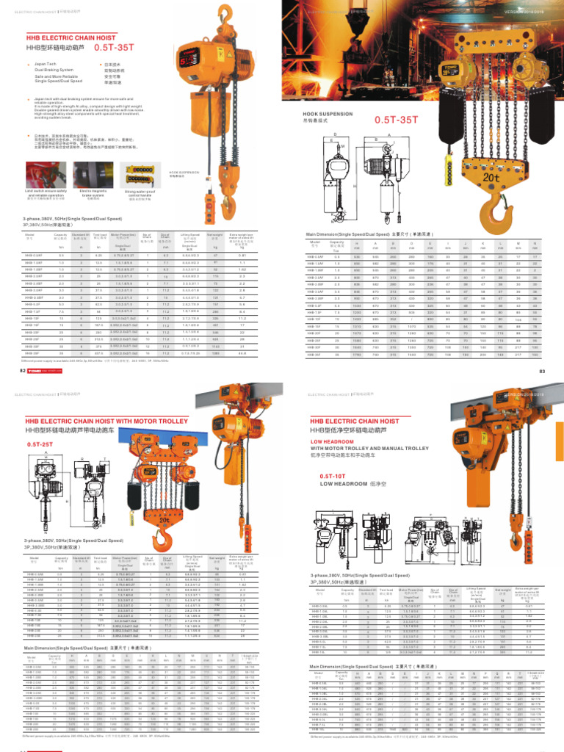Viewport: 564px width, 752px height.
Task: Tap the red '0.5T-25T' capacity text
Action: tap(43, 445)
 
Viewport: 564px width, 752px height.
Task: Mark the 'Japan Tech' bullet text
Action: tap(45, 65)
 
